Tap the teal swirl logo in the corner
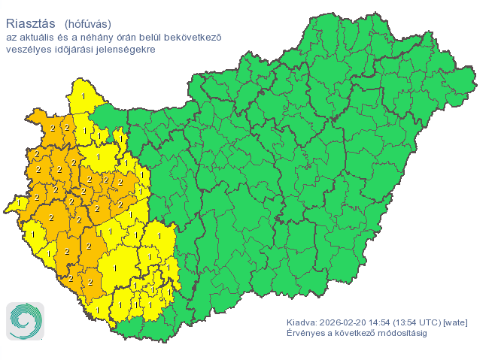25,321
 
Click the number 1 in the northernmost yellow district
83,96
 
